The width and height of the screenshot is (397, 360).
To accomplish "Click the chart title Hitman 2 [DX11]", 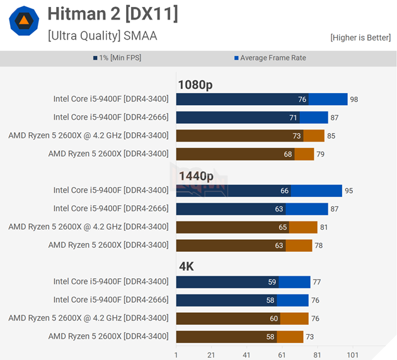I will pyautogui.click(x=113, y=14).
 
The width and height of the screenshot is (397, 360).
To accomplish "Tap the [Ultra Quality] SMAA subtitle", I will pyautogui.click(x=102, y=36).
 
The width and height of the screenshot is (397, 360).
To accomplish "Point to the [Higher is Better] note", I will pyautogui.click(x=360, y=38).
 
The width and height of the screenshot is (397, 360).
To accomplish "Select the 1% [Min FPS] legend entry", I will pyautogui.click(x=118, y=58).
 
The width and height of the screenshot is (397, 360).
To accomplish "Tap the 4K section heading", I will pyautogui.click(x=186, y=267).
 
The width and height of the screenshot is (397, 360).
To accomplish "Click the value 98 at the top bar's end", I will pyautogui.click(x=354, y=99).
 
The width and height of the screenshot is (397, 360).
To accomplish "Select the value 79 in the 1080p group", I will pyautogui.click(x=320, y=154).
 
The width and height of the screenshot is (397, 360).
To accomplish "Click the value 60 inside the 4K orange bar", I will pyautogui.click(x=274, y=318).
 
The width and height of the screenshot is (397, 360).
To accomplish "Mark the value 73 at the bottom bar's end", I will pyautogui.click(x=309, y=337).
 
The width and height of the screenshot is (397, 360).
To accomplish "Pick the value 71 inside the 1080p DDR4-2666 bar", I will pyautogui.click(x=294, y=118).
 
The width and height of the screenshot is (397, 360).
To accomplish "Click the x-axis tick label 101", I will pyautogui.click(x=352, y=355).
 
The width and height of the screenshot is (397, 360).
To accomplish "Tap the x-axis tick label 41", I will pyautogui.click(x=246, y=355).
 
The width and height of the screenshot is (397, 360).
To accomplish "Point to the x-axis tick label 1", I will pyautogui.click(x=176, y=355).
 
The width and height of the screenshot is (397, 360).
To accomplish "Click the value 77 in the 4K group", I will pyautogui.click(x=317, y=282).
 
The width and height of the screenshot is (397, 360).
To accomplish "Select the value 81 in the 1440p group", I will pyautogui.click(x=324, y=227).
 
